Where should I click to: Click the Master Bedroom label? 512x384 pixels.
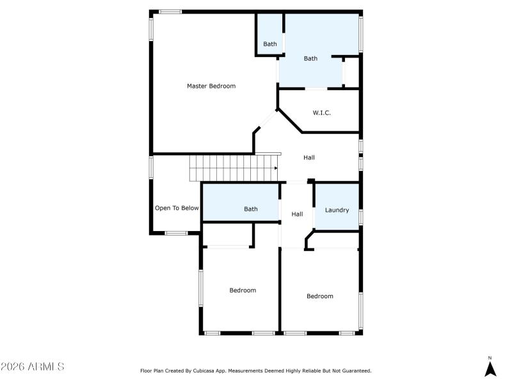pos(211,86)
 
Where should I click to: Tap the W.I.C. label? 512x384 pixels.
pos(322,113)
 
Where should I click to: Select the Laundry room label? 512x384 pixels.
pos(337,209)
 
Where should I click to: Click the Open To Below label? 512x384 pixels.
pos(177,208)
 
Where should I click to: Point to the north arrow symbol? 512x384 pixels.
pos(490,368)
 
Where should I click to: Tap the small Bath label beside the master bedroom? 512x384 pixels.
pos(270,44)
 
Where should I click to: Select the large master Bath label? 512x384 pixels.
pos(310,58)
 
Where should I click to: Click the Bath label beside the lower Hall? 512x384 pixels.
pos(251,209)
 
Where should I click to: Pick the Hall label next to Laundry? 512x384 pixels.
pos(297,214)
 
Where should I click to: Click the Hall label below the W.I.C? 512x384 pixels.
pos(309,157)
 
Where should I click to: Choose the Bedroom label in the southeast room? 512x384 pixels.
pos(319,296)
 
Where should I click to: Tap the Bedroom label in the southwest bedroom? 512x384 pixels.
pos(243,290)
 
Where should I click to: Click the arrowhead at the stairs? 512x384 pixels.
pos(276,168)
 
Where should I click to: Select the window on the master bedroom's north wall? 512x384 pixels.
pos(170,12)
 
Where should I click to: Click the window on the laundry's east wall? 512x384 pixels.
pos(360,216)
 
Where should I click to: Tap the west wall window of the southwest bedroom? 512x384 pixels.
pos(200,289)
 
